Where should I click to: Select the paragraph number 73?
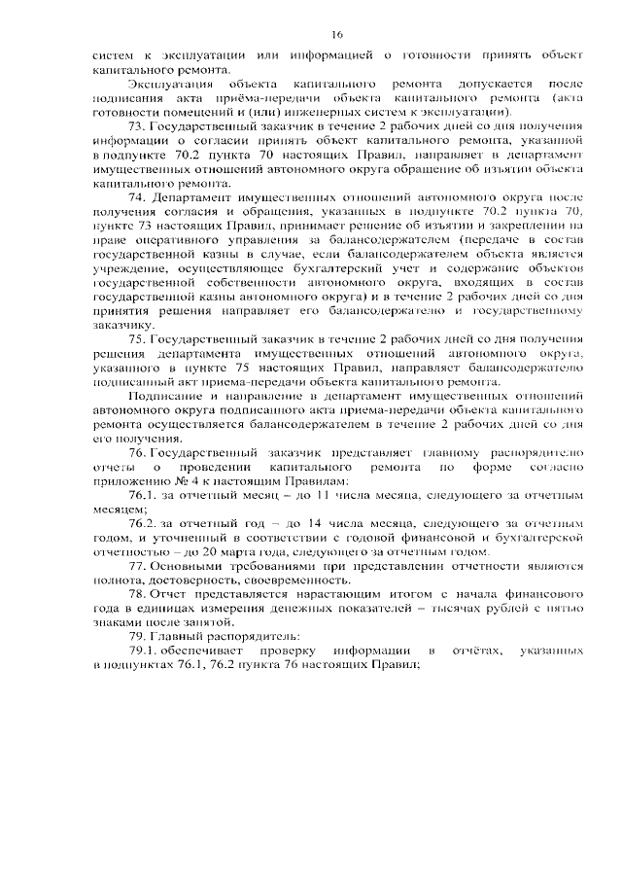click(137, 128)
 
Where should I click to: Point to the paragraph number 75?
click(137, 336)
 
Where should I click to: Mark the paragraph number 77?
click(137, 566)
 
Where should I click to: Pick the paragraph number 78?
click(137, 593)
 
